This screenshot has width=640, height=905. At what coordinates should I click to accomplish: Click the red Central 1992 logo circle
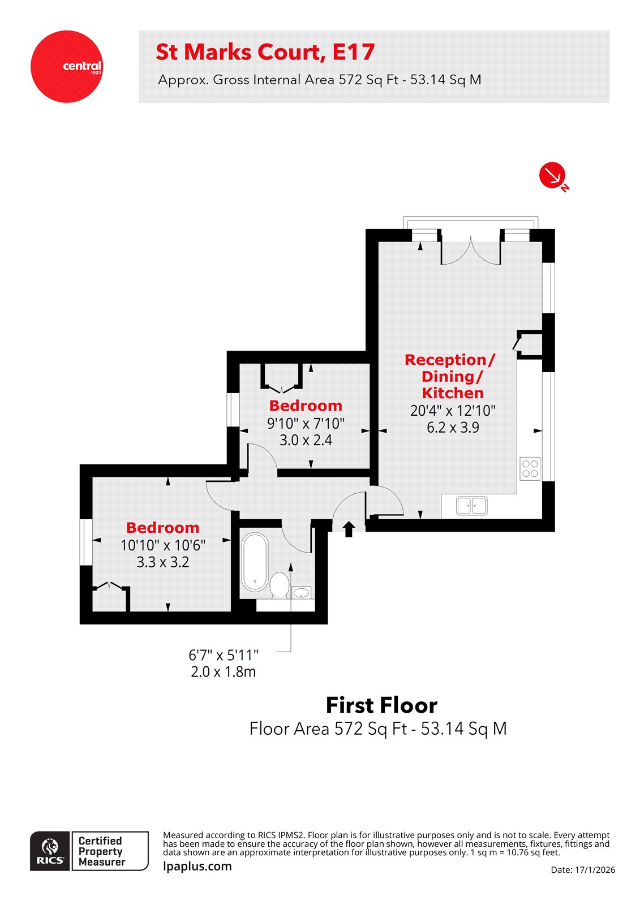pos(67,67)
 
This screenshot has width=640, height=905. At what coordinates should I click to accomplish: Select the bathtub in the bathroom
pos(255,562)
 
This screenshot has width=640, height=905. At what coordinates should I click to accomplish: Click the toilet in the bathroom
pos(279,585)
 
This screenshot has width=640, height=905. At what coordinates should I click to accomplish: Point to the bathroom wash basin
pos(301,592)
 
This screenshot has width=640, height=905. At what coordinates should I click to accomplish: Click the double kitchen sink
pos(471,506)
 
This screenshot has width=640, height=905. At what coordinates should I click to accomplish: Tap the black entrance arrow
pos(349,529)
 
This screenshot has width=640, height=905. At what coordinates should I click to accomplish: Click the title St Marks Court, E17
pos(265,52)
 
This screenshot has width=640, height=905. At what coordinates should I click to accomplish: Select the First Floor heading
pos(381,705)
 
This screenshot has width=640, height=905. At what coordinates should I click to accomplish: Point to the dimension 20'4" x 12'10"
pos(453,411)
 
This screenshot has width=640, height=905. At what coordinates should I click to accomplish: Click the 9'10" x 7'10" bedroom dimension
pos(306,423)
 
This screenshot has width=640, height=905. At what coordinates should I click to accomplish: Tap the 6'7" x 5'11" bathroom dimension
pos(224,656)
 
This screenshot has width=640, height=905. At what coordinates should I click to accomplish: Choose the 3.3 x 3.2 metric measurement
pos(163,562)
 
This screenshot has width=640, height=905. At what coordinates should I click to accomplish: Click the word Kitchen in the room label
pos(453,393)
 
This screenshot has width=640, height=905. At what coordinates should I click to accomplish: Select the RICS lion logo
pos(50,850)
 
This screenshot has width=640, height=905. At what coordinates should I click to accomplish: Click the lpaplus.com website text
pos(197,866)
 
